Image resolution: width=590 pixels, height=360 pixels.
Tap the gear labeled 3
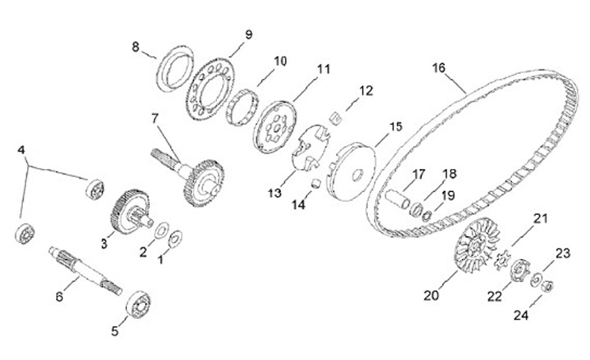point(127,211)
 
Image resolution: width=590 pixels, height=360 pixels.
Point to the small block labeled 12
point(334,118)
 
